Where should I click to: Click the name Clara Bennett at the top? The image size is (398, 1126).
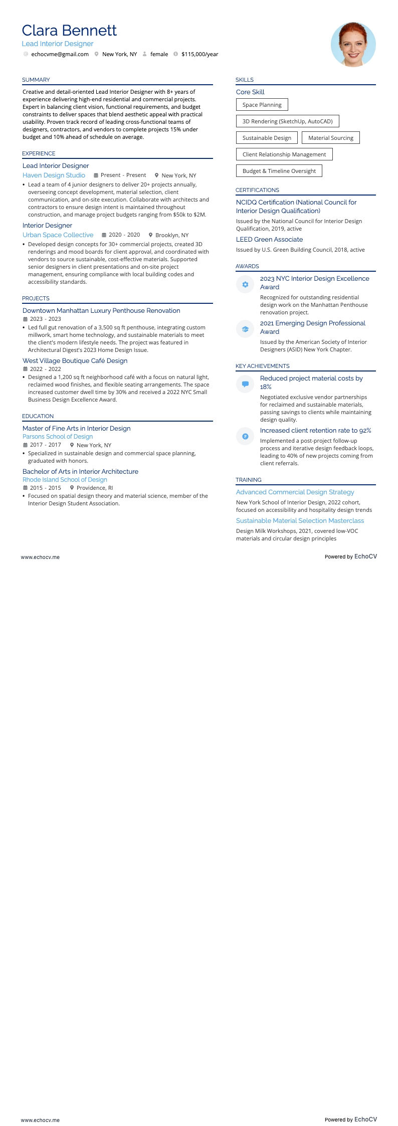click(x=69, y=31)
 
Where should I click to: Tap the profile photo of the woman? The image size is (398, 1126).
click(x=353, y=44)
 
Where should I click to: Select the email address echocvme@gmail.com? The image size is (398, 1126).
click(x=60, y=54)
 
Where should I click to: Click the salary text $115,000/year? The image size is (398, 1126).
click(x=200, y=54)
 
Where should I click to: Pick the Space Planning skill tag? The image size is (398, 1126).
click(x=262, y=105)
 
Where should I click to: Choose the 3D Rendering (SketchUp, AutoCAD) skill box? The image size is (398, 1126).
click(x=287, y=121)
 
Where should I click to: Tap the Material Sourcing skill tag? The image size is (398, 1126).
click(x=330, y=138)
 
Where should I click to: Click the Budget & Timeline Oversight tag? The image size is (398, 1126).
click(x=279, y=171)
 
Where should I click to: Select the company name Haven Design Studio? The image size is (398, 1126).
click(x=54, y=175)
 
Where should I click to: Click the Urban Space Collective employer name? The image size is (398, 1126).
click(x=58, y=235)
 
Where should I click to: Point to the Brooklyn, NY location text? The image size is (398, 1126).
click(x=172, y=235)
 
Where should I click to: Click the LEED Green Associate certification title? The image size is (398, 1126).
click(x=269, y=240)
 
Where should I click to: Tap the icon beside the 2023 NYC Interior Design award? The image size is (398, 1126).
click(x=245, y=284)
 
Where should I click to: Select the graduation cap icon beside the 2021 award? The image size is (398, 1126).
click(x=245, y=329)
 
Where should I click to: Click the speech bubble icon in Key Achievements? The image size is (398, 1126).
click(x=245, y=384)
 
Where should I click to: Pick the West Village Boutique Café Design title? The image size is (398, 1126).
click(x=75, y=361)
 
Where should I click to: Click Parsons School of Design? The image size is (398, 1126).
click(x=58, y=437)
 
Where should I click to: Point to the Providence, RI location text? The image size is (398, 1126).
click(x=94, y=488)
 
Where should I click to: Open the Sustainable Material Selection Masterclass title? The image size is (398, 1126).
click(x=300, y=521)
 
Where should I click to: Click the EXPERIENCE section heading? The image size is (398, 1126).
click(x=39, y=153)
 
